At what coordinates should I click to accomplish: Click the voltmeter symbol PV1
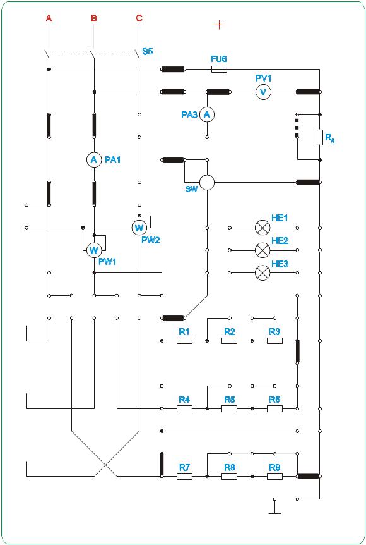(x=263, y=92)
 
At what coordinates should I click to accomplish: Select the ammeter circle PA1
(x=93, y=159)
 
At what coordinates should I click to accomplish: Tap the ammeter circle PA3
(x=207, y=114)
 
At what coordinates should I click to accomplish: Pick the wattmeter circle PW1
(x=93, y=250)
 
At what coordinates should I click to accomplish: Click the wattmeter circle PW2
(x=139, y=228)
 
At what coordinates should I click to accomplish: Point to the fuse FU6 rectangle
(x=219, y=70)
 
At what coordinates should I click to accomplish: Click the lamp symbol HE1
(x=263, y=228)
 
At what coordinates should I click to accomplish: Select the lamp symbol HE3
(x=263, y=273)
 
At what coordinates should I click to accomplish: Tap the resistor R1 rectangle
(x=184, y=341)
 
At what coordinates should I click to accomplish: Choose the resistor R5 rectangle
(x=229, y=408)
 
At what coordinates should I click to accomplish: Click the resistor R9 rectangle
(x=274, y=477)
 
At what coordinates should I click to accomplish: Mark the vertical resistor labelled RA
(x=320, y=137)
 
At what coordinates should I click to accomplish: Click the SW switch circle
(x=207, y=183)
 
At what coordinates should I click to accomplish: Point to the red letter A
(x=49, y=18)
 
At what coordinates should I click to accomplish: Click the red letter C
(x=139, y=18)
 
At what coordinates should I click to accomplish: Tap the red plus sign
(x=219, y=25)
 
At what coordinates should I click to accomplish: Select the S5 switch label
(x=148, y=51)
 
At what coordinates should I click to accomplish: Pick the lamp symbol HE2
(x=263, y=250)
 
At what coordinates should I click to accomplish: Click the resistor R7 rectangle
(x=184, y=477)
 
